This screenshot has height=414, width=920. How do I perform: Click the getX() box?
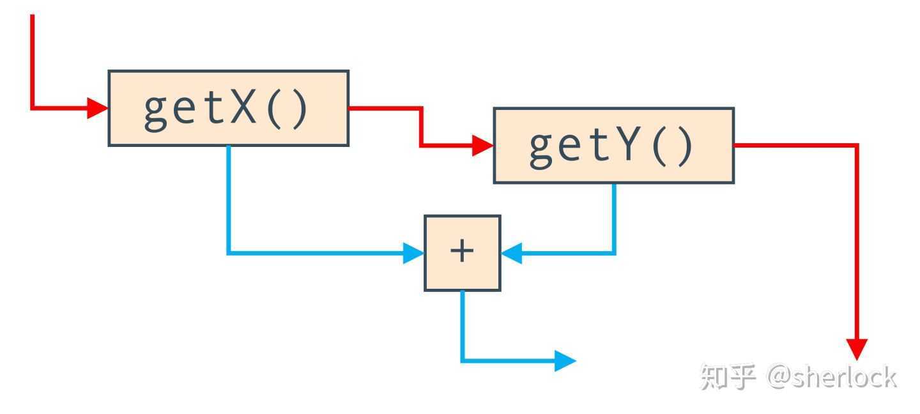(228, 108)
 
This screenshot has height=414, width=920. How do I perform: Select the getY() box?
(613, 146)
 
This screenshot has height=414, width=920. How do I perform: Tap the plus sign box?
(462, 253)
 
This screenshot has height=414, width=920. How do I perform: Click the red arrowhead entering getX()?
(97, 108)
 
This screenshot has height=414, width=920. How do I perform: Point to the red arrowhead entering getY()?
(482, 146)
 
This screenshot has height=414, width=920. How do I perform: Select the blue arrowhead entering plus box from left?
(413, 254)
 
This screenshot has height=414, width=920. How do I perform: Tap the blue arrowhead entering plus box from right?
(511, 254)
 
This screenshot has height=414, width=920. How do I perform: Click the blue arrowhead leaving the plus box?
(565, 361)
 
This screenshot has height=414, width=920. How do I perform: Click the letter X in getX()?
(243, 109)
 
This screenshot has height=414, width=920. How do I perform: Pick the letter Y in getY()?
(629, 146)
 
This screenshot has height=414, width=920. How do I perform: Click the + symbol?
(462, 252)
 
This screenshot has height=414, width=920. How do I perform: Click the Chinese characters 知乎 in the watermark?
(728, 377)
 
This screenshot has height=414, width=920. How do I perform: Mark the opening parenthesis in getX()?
(272, 110)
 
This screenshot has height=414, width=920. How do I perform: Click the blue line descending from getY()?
(615, 217)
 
